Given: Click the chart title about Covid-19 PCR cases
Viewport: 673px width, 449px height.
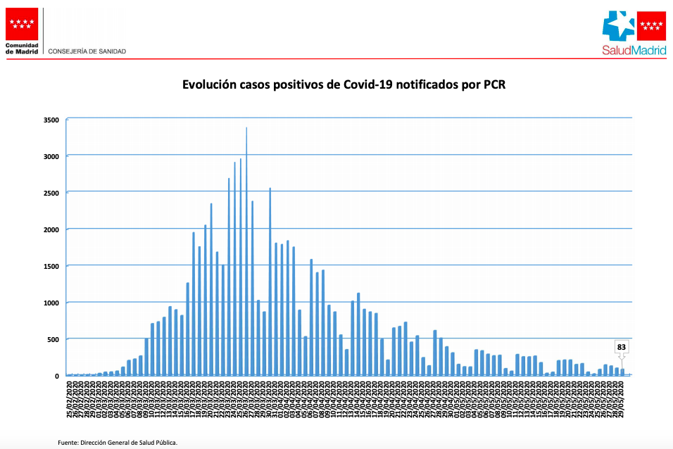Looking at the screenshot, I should pyautogui.click(x=344, y=85).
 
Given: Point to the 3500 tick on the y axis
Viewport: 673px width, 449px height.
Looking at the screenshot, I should pyautogui.click(x=51, y=120).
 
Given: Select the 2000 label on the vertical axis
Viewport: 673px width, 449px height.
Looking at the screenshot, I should pyautogui.click(x=51, y=229).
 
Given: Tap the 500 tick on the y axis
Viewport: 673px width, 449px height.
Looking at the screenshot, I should pyautogui.click(x=53, y=339).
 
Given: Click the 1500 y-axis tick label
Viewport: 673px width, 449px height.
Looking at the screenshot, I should pyautogui.click(x=51, y=266).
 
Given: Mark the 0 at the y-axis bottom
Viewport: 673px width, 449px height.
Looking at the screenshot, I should pyautogui.click(x=56, y=376).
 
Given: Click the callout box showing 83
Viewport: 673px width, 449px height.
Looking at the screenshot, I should pyautogui.click(x=622, y=347).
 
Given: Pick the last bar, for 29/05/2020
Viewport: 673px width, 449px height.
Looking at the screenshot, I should pyautogui.click(x=622, y=372).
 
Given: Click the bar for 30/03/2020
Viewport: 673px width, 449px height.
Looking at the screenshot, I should pyautogui.click(x=270, y=282).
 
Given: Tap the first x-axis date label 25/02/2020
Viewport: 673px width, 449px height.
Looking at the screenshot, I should pyautogui.click(x=68, y=398).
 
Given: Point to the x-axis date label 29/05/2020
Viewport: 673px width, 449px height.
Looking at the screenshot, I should pyautogui.click(x=622, y=398).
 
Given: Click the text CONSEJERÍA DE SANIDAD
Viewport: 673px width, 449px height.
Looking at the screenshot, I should pyautogui.click(x=87, y=51).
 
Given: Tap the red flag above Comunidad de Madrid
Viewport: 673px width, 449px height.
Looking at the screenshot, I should pyautogui.click(x=22, y=24).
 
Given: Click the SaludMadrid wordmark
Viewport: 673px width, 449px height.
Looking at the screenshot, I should pyautogui.click(x=634, y=50).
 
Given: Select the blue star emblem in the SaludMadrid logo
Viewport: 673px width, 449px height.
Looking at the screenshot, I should pyautogui.click(x=620, y=27).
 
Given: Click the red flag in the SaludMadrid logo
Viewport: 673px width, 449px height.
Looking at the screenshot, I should pyautogui.click(x=651, y=27).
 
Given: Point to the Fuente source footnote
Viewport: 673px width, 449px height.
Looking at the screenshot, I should pyautogui.click(x=118, y=442).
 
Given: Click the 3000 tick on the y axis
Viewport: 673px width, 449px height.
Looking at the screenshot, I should pyautogui.click(x=51, y=156).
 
